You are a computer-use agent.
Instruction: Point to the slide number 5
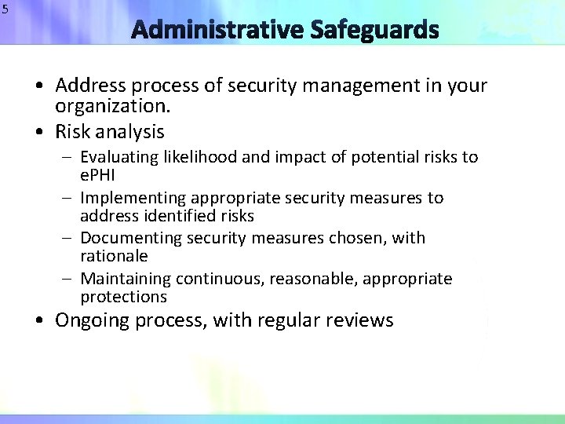coord(5,9)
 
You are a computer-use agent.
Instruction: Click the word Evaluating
coord(119,157)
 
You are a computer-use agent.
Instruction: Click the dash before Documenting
coord(70,238)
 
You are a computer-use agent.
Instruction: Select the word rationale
coord(114,255)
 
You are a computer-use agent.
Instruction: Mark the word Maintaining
coord(126,279)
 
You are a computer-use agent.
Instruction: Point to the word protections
coord(123,296)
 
